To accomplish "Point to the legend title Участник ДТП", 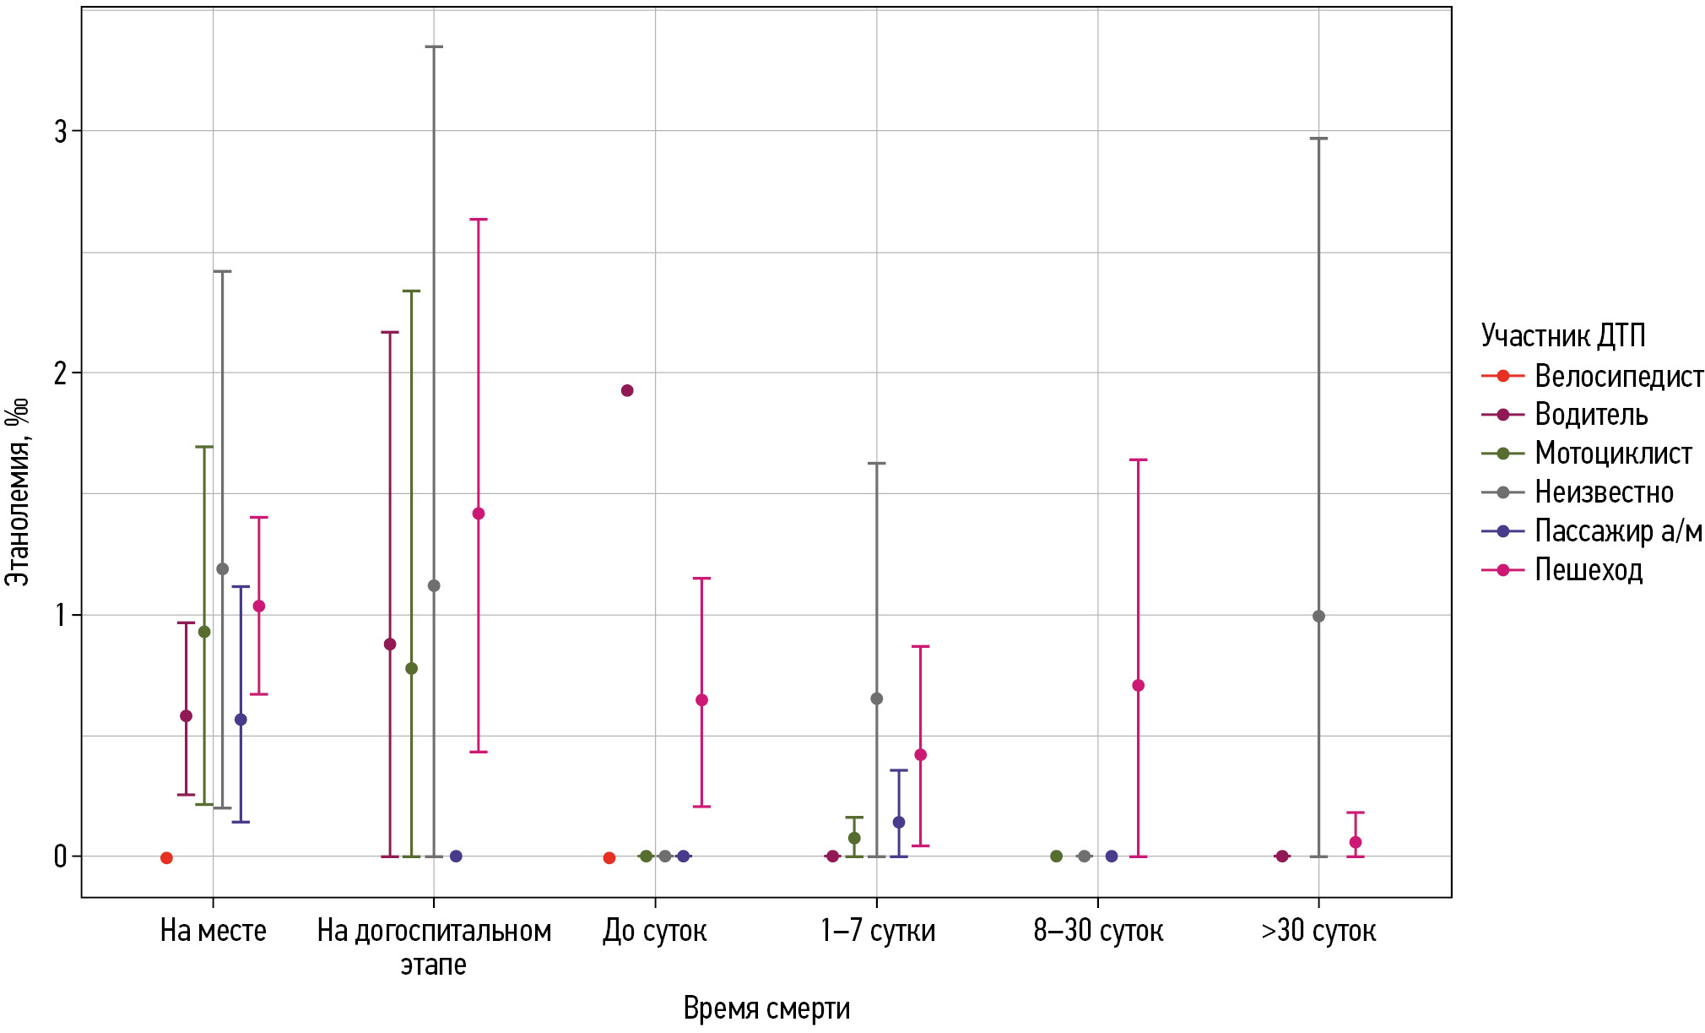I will click(x=1563, y=335).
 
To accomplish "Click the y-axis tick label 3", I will click(x=61, y=131).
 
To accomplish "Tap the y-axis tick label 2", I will click(x=61, y=372).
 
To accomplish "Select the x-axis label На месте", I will click(x=213, y=931).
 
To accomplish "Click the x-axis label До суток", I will click(x=655, y=931).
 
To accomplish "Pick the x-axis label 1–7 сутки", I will click(x=877, y=931).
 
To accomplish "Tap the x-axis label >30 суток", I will click(x=1318, y=931).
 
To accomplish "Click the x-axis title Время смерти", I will click(x=766, y=1009).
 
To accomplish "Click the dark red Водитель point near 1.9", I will click(x=627, y=390).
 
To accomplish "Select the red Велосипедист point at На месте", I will click(x=166, y=858).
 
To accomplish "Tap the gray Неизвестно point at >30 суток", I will click(x=1318, y=617).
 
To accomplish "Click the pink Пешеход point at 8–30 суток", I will click(x=1138, y=685).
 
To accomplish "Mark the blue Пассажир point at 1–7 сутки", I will click(x=899, y=823).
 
